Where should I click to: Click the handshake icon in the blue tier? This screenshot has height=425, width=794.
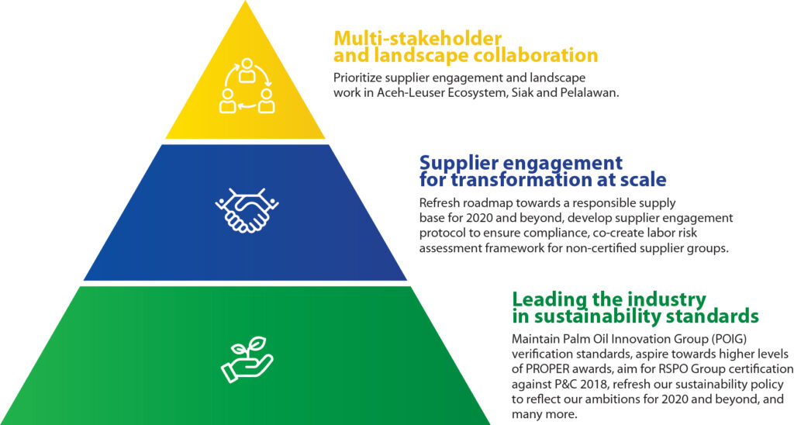247,210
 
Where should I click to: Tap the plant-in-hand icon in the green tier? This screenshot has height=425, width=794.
247,359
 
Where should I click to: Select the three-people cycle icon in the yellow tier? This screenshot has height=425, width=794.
247,85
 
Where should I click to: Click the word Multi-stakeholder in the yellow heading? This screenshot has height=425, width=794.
418,39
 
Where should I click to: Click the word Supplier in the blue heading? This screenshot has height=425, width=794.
464,164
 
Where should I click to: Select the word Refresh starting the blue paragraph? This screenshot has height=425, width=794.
439,203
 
